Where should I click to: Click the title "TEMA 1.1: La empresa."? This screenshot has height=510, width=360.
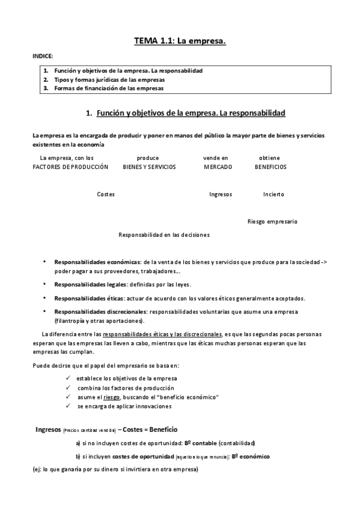[180, 41]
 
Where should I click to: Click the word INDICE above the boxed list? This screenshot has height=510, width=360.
[43, 56]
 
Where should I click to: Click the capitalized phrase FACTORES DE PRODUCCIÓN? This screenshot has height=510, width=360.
[70, 167]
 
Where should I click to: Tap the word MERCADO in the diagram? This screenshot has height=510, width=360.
[218, 167]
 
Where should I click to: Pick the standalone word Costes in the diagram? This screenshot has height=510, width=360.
[106, 194]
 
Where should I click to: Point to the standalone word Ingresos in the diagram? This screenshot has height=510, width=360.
[221, 194]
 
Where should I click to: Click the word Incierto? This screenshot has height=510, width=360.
[273, 194]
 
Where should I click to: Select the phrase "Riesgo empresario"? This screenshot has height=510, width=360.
[272, 221]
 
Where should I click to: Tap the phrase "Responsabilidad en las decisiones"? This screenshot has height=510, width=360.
[164, 235]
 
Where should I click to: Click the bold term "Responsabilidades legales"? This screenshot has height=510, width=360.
[90, 284]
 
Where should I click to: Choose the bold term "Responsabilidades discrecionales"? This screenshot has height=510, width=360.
[100, 312]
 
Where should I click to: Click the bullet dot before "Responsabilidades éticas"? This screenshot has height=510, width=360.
[44, 298]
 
